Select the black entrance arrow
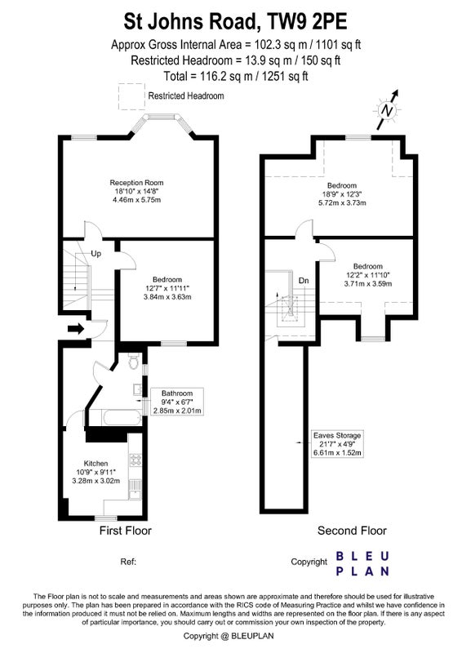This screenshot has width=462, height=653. click(76, 329)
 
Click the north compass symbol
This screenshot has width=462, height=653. click(389, 110)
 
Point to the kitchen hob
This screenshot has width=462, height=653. click(135, 460)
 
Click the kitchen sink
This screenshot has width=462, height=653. click(135, 489)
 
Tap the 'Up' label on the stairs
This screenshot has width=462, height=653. click(96, 254)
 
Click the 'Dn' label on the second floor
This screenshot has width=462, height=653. click(304, 281)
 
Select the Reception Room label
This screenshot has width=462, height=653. click(136, 182)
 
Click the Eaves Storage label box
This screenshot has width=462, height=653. click(337, 444)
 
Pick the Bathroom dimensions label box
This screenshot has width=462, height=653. click(177, 402)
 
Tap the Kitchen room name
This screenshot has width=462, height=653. click(96, 463)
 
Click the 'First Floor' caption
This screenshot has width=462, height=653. click(126, 531)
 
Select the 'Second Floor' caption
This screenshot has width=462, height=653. click(352, 531)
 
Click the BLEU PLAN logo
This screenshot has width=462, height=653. click(362, 563)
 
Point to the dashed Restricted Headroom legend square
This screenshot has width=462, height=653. click(131, 96)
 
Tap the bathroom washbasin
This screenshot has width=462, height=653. click(137, 389)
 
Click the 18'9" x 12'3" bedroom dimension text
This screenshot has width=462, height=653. click(342, 194)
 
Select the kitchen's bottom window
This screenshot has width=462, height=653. click(105, 518)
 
